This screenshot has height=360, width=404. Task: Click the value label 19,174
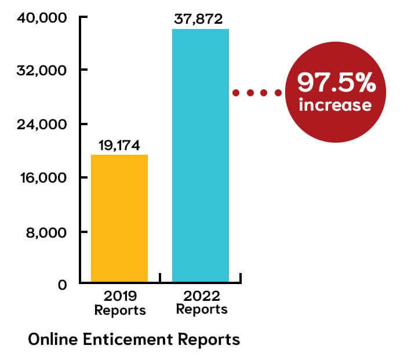coord(119,146)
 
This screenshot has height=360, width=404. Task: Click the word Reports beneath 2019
coord(120,311)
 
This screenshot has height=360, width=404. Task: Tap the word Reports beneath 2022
coord(202,310)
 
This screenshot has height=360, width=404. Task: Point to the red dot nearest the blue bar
coord(236,92)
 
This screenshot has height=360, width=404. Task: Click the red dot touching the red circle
coord(278,92)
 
